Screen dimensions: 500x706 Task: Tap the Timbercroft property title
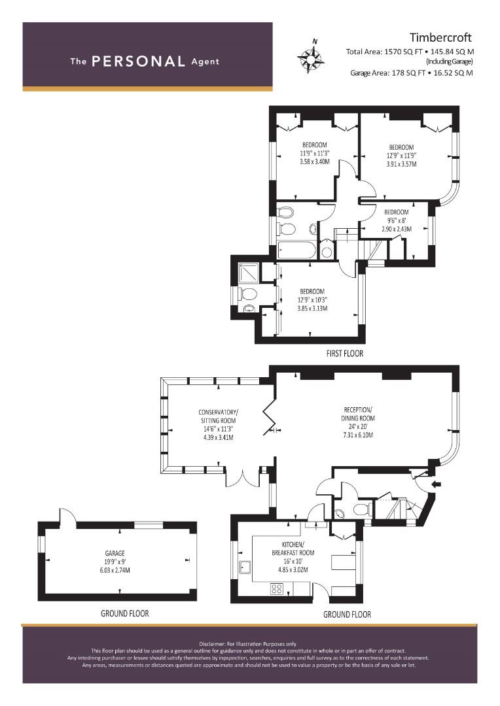coord(440,37)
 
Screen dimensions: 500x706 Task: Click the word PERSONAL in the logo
coord(138,61)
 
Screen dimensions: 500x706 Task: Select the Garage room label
coord(115,562)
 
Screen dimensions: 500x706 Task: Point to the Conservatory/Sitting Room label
coord(218,425)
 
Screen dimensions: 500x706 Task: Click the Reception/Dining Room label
coord(358,422)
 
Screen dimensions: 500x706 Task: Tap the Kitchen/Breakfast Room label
coord(293,556)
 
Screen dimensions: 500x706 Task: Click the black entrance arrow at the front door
coord(437,484)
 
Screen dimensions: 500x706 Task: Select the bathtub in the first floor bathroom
coord(296,250)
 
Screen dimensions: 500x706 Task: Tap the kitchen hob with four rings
coord(276,589)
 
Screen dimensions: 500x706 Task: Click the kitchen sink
coord(245,568)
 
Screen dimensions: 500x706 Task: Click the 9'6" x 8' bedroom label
coord(397,220)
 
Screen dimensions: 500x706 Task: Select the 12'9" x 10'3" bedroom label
coord(312,300)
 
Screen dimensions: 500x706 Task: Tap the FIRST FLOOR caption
coord(344,354)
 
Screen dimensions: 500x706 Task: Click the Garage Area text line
coord(412,73)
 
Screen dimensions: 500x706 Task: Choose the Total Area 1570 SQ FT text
coord(410,52)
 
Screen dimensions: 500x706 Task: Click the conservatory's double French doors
coord(242,478)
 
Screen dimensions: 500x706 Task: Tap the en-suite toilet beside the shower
coord(247,294)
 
